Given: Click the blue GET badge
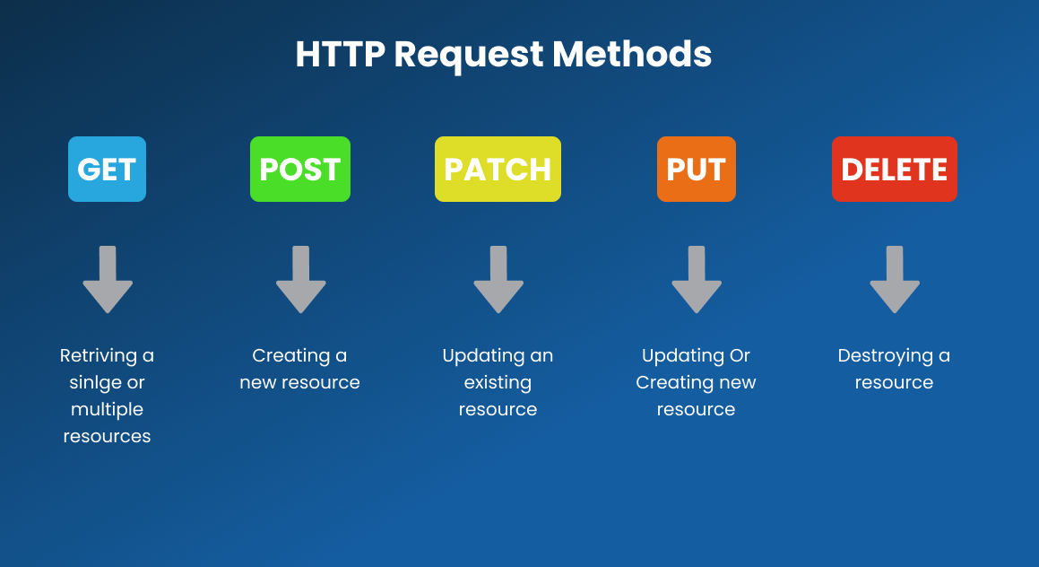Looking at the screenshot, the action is coord(107,169).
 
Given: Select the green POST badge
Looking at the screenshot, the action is coord(300,169).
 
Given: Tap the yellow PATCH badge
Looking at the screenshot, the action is coord(498,169).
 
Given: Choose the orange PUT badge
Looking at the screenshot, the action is coord(697,169).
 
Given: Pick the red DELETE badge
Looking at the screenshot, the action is coord(895,169).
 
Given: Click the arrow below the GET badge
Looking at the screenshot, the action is coord(108,279).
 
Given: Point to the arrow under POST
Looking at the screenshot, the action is coord(301,279).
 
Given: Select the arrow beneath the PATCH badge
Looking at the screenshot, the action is coord(498,279).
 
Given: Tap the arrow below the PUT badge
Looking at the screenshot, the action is coord(697,279).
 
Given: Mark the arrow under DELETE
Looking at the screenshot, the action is coord(895,279).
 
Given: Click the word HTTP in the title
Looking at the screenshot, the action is coord(340,54).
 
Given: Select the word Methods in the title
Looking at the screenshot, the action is coord(632,54).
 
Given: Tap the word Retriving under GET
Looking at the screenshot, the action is coord(98,356).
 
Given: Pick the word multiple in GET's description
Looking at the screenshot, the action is coord(107,410).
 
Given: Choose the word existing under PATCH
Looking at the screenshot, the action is coord(498,383).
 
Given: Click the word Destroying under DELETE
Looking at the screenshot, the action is coord(886,356).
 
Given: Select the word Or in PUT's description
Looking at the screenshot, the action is coord(740,355).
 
